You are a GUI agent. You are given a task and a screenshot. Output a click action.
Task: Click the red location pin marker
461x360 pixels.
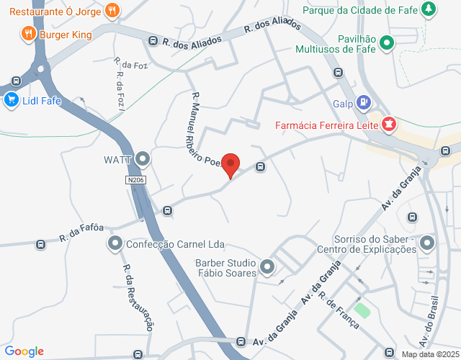point(230,164)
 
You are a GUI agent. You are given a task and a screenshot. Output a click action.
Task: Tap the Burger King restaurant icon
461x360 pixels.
point(28,32)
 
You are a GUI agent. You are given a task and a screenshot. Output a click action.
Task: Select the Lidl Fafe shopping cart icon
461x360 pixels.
point(10,100)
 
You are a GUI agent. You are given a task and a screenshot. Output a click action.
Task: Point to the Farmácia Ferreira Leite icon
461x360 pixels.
point(389,125)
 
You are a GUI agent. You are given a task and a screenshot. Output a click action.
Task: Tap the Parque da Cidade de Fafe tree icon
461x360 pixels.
point(429,9)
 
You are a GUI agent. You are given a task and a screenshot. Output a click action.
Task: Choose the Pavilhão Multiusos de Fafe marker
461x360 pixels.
point(387,42)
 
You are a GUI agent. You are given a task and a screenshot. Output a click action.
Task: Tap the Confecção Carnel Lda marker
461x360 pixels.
point(115,244)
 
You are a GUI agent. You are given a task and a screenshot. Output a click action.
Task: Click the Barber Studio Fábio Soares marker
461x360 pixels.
point(267,268)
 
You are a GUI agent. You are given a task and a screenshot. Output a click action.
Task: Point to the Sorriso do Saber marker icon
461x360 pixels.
point(428,243)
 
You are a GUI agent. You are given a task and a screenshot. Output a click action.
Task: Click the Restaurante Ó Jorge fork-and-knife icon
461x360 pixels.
point(112,10)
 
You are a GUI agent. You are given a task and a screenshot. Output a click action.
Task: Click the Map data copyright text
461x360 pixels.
point(430,354)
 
